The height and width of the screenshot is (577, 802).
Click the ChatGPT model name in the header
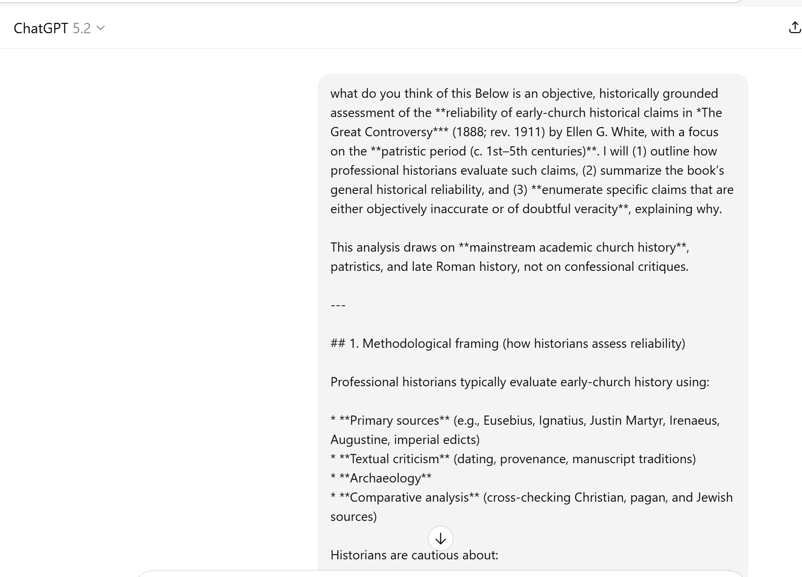click(x=41, y=28)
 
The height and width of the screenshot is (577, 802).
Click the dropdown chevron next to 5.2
click(x=101, y=28)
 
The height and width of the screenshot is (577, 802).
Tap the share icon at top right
click(x=794, y=28)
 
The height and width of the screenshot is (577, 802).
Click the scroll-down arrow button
click(x=440, y=539)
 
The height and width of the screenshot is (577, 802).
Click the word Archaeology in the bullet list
click(x=385, y=478)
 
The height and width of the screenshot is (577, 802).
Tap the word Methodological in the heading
click(x=407, y=344)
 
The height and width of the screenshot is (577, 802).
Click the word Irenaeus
click(x=694, y=421)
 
